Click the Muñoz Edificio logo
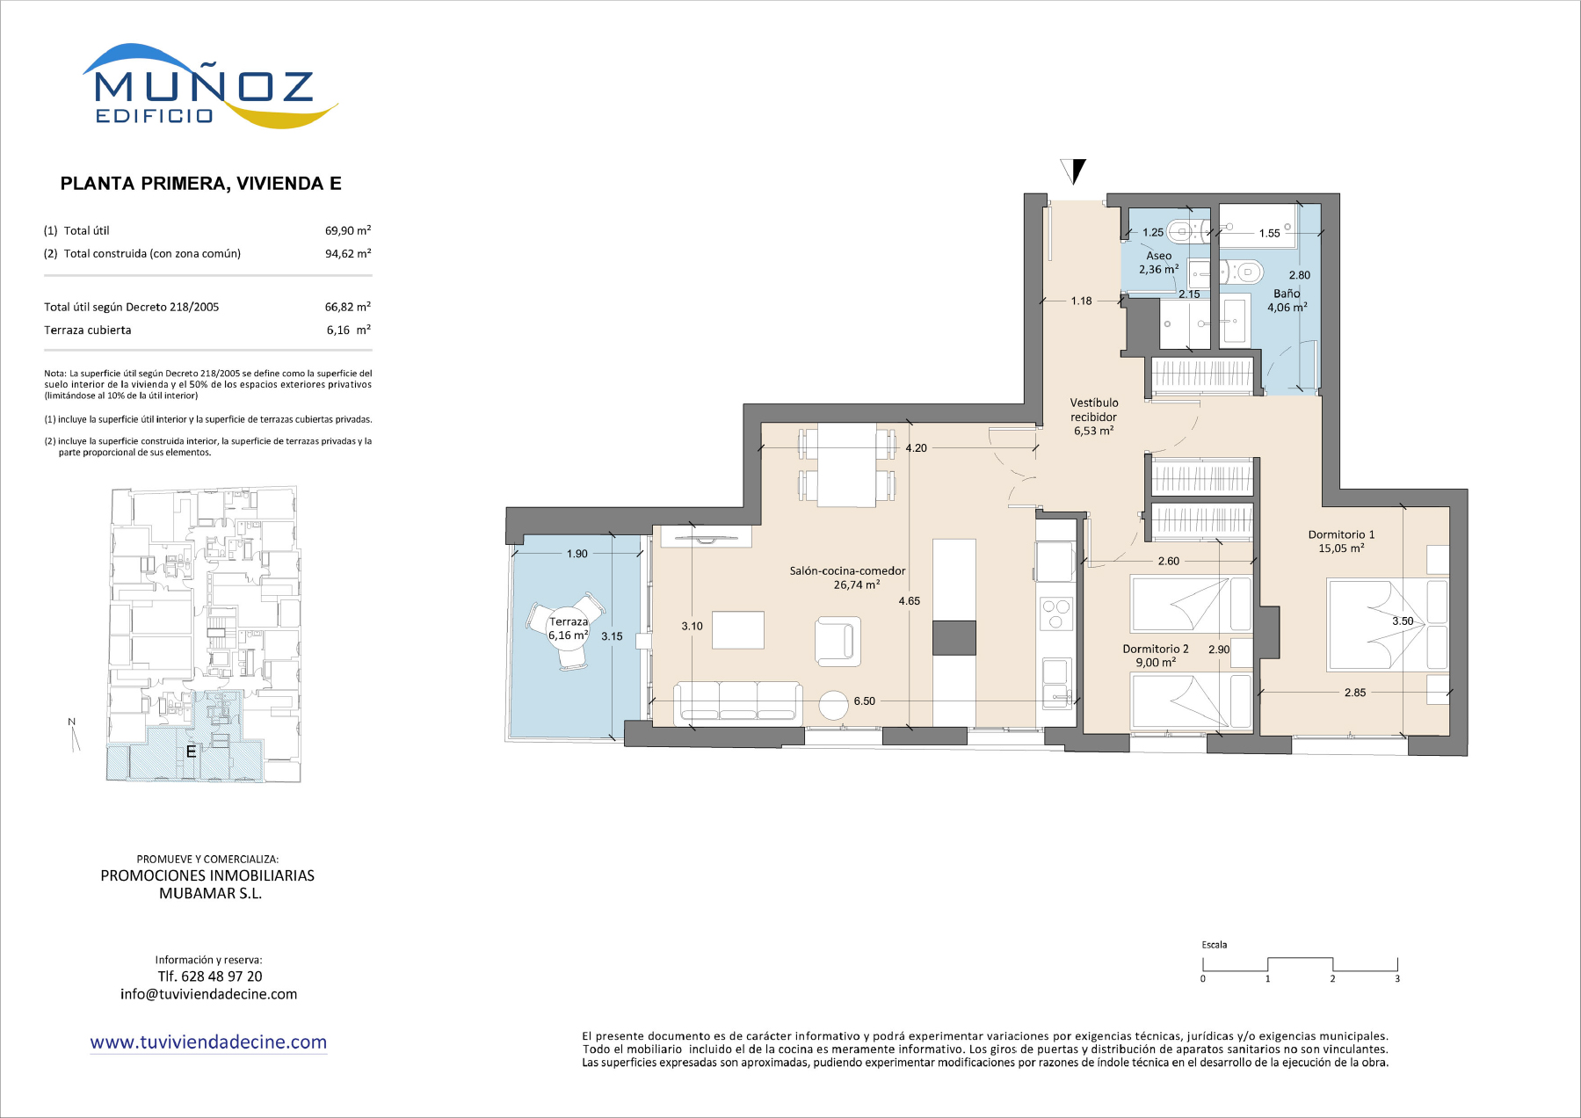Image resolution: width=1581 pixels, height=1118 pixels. click(209, 86)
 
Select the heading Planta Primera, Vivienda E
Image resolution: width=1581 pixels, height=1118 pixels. click(200, 184)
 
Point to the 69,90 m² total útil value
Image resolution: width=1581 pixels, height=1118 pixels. click(348, 230)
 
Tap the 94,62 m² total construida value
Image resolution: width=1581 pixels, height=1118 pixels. click(348, 253)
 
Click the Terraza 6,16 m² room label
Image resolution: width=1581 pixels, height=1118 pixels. click(569, 628)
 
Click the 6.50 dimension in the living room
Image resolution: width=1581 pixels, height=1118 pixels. click(864, 701)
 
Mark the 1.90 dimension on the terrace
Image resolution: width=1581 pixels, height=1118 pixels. click(577, 554)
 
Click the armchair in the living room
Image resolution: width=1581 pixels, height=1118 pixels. click(837, 641)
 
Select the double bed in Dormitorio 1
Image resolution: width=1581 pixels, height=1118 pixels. click(1388, 624)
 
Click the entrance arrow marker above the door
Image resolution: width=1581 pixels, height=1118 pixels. click(1074, 171)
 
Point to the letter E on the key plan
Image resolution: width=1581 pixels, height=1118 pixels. click(191, 751)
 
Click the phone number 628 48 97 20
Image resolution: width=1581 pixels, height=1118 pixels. click(209, 976)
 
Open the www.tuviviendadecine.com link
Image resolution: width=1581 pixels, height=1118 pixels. click(208, 1042)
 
